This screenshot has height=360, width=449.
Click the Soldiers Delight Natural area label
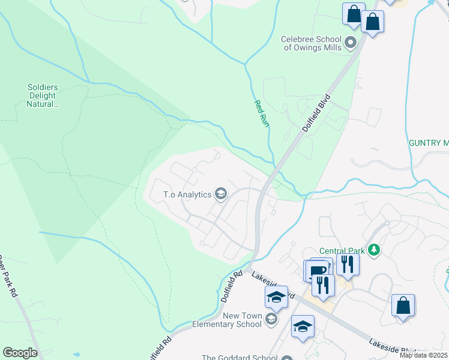tap(42, 95)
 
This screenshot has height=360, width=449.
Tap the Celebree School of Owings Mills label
tap(311, 43)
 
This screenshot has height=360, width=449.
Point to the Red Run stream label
tap(260, 113)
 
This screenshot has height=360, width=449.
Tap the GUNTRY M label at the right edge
tap(428, 143)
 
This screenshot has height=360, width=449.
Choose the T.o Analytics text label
tap(188, 194)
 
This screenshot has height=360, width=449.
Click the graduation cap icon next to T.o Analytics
tap(221, 193)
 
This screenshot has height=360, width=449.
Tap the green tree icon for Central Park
tap(375, 248)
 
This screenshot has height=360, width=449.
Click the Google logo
tap(20, 353)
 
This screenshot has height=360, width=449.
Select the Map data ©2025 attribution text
tap(423, 355)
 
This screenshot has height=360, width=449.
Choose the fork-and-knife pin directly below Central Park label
tap(348, 263)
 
